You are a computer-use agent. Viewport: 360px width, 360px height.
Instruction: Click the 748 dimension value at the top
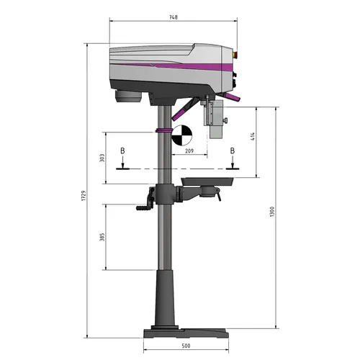(173, 17)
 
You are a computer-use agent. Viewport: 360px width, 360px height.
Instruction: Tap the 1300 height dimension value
(271, 213)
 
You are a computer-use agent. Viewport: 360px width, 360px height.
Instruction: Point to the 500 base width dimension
(186, 346)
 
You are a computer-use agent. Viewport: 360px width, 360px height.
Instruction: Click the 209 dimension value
(189, 151)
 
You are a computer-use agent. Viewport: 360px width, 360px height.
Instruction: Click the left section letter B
(123, 150)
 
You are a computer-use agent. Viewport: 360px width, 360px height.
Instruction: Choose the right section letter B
(232, 150)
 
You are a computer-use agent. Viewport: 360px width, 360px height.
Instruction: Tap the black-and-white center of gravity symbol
(183, 134)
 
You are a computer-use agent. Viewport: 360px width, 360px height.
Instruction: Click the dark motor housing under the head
(130, 94)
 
